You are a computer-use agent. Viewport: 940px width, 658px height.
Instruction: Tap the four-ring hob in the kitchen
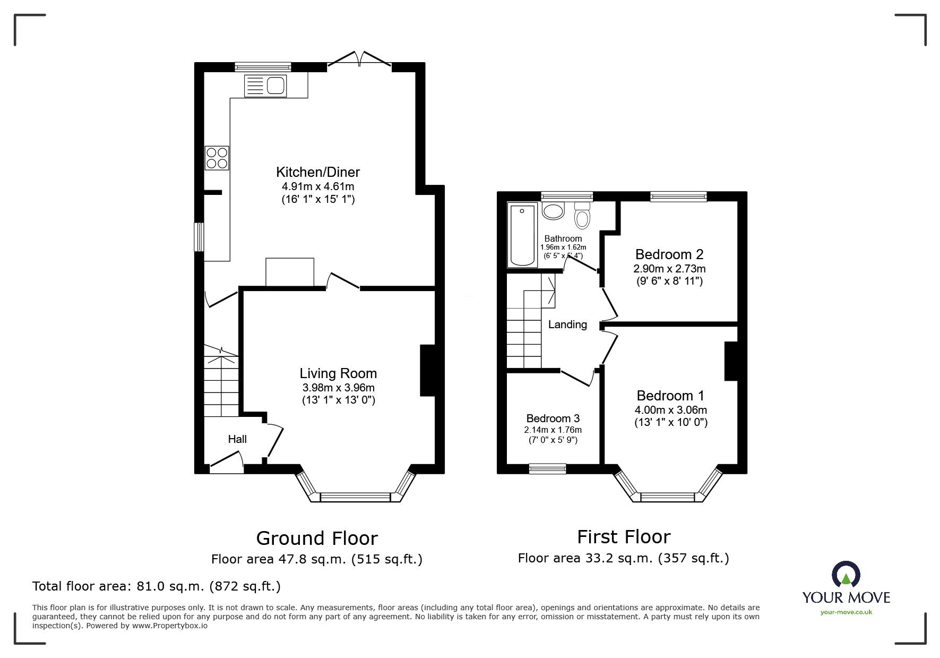pos(217,158)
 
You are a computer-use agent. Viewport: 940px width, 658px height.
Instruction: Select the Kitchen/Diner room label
pos(317,172)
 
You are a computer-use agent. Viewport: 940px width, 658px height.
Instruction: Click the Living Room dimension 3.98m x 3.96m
pos(338,388)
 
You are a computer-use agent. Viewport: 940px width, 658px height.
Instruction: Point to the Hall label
pos(237,439)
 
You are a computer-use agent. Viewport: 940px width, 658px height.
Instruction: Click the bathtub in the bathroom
pos(523,235)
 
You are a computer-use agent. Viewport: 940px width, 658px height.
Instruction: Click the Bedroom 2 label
pos(669,254)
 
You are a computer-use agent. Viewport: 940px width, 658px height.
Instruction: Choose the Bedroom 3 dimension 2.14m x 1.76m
pos(553,430)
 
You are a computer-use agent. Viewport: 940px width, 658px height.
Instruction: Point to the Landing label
pos(567,324)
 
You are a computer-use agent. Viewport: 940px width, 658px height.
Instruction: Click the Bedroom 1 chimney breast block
pos(731,361)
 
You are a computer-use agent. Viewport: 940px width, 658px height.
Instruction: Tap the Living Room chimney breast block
pos(427,371)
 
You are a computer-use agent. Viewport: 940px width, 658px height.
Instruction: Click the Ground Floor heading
pos(317,539)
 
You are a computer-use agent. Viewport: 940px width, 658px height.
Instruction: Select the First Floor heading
pos(624,537)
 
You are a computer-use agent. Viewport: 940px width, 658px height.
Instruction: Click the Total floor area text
pos(157,586)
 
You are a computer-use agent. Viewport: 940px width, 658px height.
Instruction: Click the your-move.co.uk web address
pos(846,612)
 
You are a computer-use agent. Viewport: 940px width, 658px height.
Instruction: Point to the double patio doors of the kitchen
pos(360,59)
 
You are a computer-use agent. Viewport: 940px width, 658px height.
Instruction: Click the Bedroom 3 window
pos(547,468)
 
